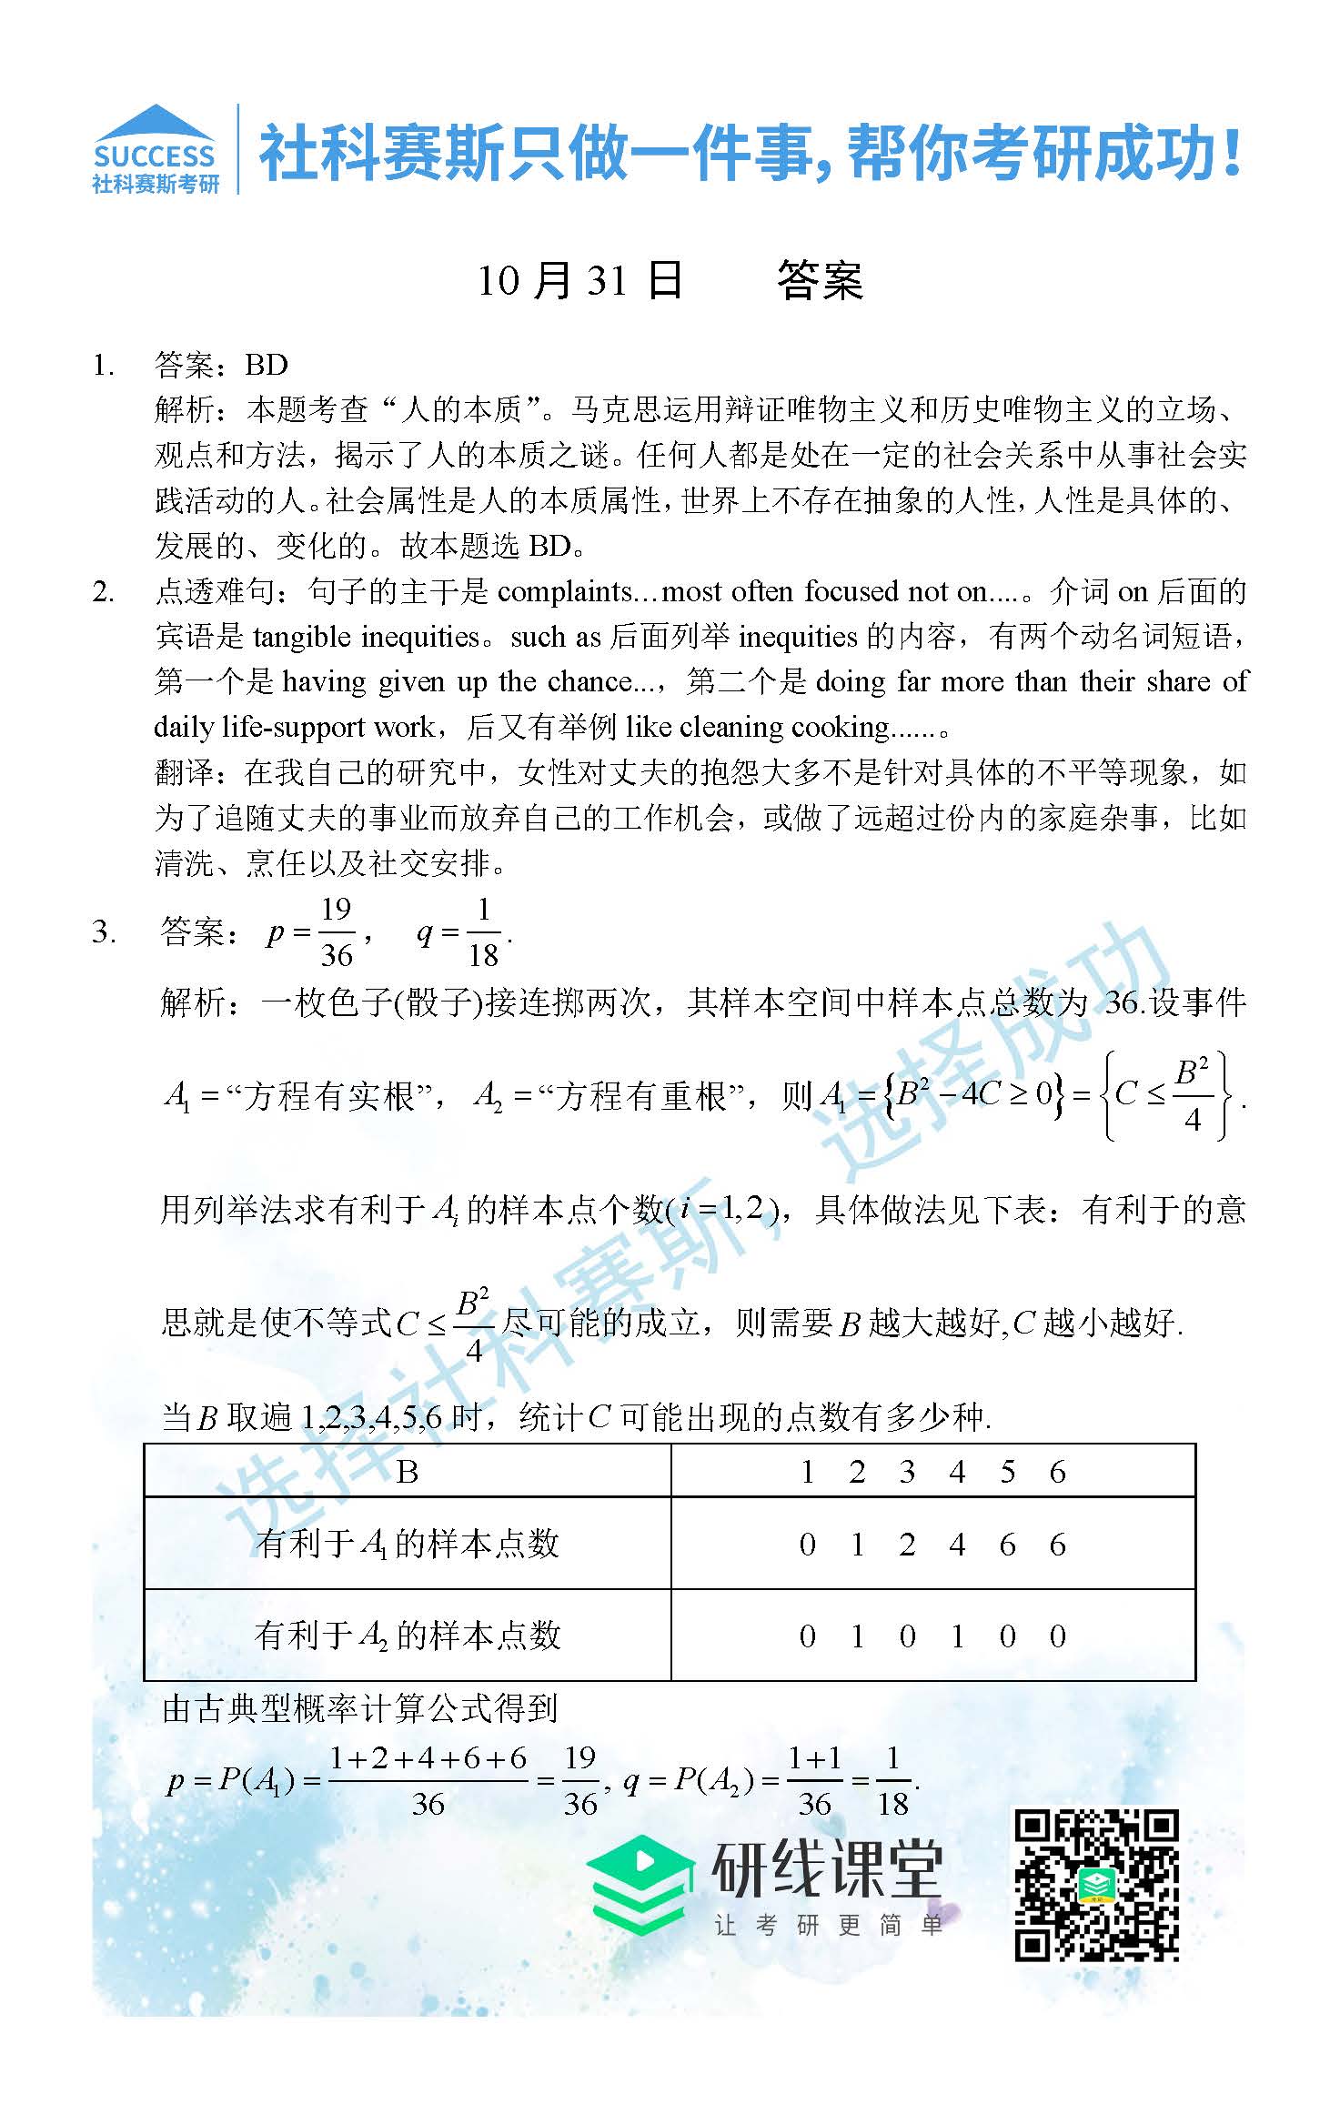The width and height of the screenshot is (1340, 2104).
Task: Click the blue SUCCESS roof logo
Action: [x=156, y=148]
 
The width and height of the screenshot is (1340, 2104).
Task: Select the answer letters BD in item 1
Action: [x=266, y=366]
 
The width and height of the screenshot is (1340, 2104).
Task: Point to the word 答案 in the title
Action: [x=819, y=280]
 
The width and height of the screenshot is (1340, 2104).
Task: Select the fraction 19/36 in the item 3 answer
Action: [x=336, y=932]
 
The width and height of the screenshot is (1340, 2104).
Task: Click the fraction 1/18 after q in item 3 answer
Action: [x=483, y=932]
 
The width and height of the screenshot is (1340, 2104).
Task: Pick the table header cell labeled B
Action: [x=408, y=1472]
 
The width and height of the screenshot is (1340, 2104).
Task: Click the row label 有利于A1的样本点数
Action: [x=408, y=1544]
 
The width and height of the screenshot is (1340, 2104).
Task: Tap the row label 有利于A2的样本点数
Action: [x=408, y=1636]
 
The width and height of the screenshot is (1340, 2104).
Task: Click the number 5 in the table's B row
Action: [x=1007, y=1472]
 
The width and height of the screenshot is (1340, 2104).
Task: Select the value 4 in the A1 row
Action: [x=957, y=1545]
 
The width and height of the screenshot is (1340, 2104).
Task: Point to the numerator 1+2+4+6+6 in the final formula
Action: [x=428, y=1758]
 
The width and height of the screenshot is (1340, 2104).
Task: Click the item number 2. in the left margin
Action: [x=104, y=593]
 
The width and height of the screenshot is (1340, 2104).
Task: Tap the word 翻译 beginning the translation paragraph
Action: [x=186, y=773]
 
